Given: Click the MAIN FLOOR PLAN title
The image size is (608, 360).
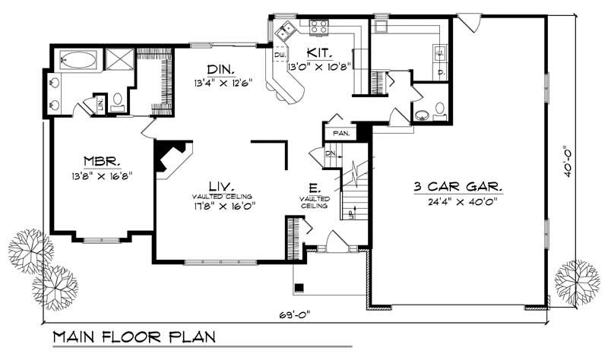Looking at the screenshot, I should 134,336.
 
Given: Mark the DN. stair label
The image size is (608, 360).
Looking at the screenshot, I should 330,154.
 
